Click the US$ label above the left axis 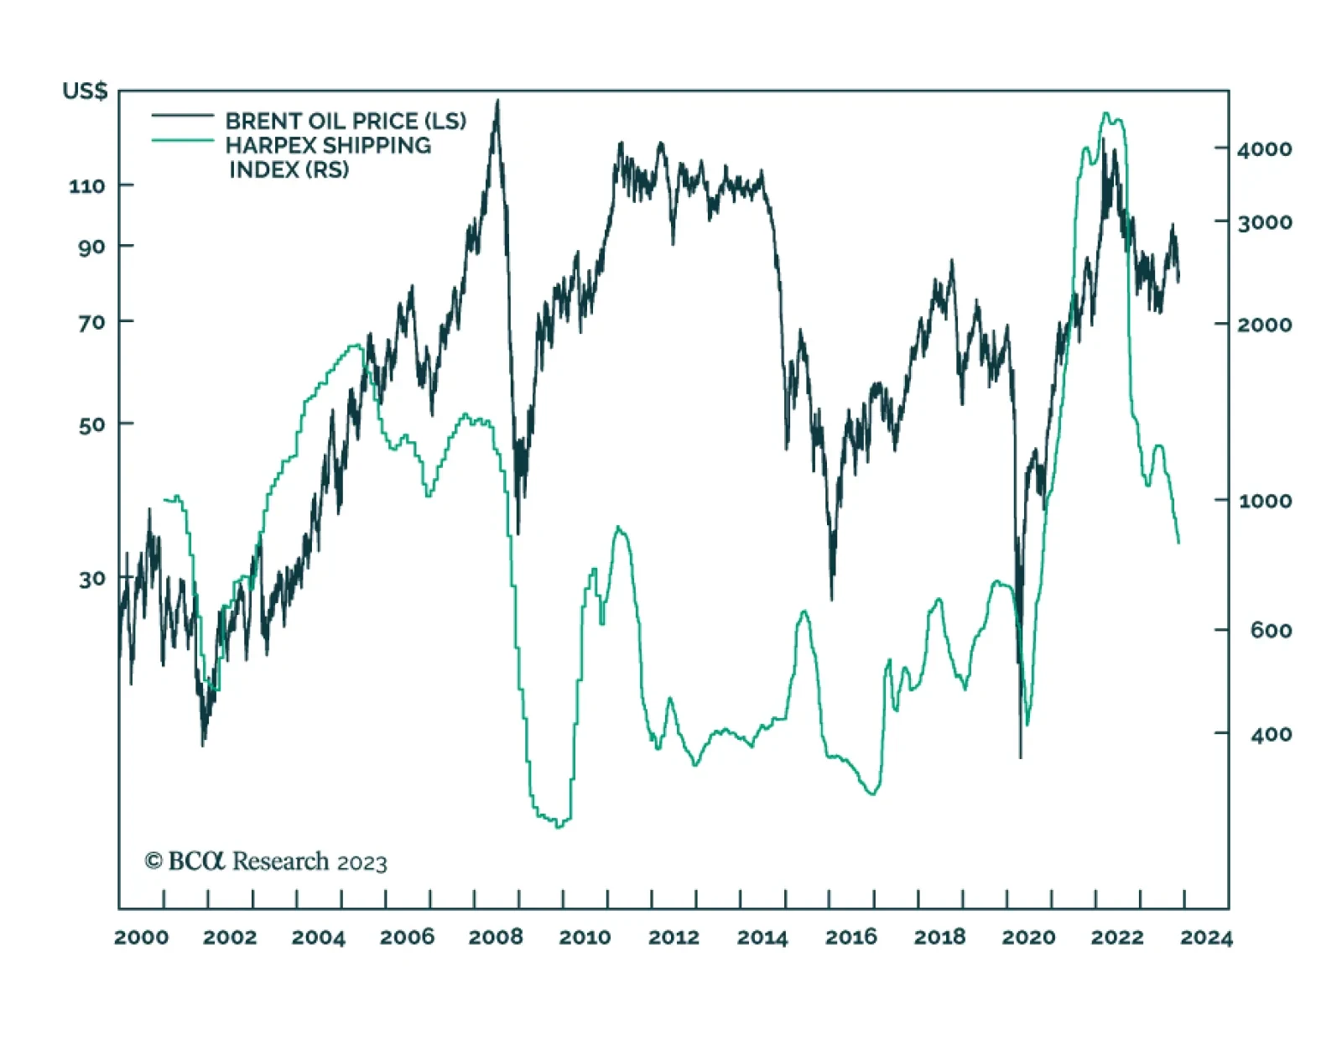[x=85, y=91]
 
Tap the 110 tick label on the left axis [x=88, y=185]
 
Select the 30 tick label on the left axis [x=92, y=579]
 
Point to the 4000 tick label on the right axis [x=1264, y=149]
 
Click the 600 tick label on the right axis [x=1270, y=630]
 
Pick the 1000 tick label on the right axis [x=1264, y=501]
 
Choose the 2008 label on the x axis [x=496, y=937]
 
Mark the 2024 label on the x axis [x=1206, y=937]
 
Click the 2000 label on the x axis [x=141, y=937]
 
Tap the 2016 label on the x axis [x=850, y=937]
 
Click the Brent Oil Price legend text [x=346, y=121]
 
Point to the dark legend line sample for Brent [x=182, y=116]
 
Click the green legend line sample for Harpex [x=182, y=140]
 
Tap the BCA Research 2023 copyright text [x=266, y=861]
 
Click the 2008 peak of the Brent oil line [x=497, y=101]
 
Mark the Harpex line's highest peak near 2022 [x=1105, y=113]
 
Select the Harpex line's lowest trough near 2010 [x=559, y=827]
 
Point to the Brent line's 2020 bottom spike [x=1021, y=757]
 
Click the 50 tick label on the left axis [x=92, y=424]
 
